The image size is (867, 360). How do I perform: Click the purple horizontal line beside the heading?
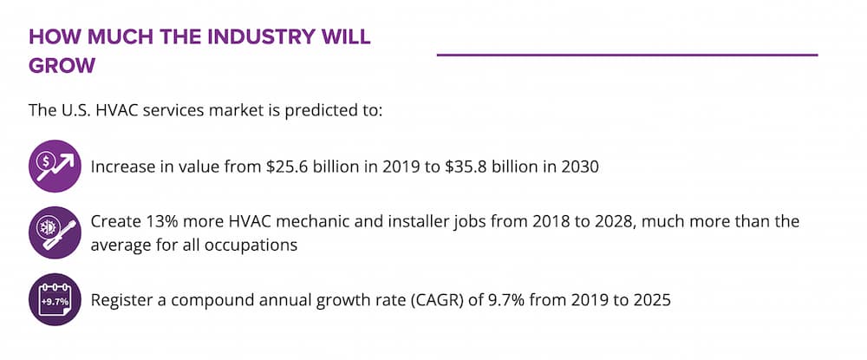coord(627,55)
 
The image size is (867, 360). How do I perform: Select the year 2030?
coord(579,166)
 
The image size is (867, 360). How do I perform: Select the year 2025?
coord(652,301)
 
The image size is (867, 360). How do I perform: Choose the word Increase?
coord(122,166)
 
